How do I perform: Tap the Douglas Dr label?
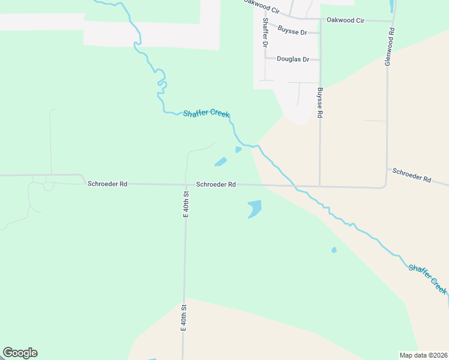click(x=293, y=59)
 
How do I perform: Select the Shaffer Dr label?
click(x=264, y=33)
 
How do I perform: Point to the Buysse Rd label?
click(x=320, y=102)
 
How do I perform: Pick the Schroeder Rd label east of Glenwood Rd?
click(x=412, y=175)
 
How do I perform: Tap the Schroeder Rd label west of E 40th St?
click(x=107, y=184)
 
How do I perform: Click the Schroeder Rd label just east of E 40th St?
click(x=215, y=185)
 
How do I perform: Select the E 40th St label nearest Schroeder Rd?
click(x=185, y=204)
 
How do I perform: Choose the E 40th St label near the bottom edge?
click(x=184, y=318)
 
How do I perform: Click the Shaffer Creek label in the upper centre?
click(x=206, y=113)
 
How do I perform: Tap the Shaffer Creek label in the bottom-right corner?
click(x=427, y=278)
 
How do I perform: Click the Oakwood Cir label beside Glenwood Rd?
click(x=345, y=20)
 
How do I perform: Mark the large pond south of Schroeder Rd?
click(x=255, y=209)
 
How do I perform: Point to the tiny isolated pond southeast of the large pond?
click(x=334, y=250)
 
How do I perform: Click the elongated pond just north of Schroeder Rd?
click(x=221, y=161)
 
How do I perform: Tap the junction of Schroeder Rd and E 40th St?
click(x=186, y=185)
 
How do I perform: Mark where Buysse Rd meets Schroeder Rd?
click(x=319, y=186)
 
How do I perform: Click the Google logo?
click(x=20, y=353)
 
